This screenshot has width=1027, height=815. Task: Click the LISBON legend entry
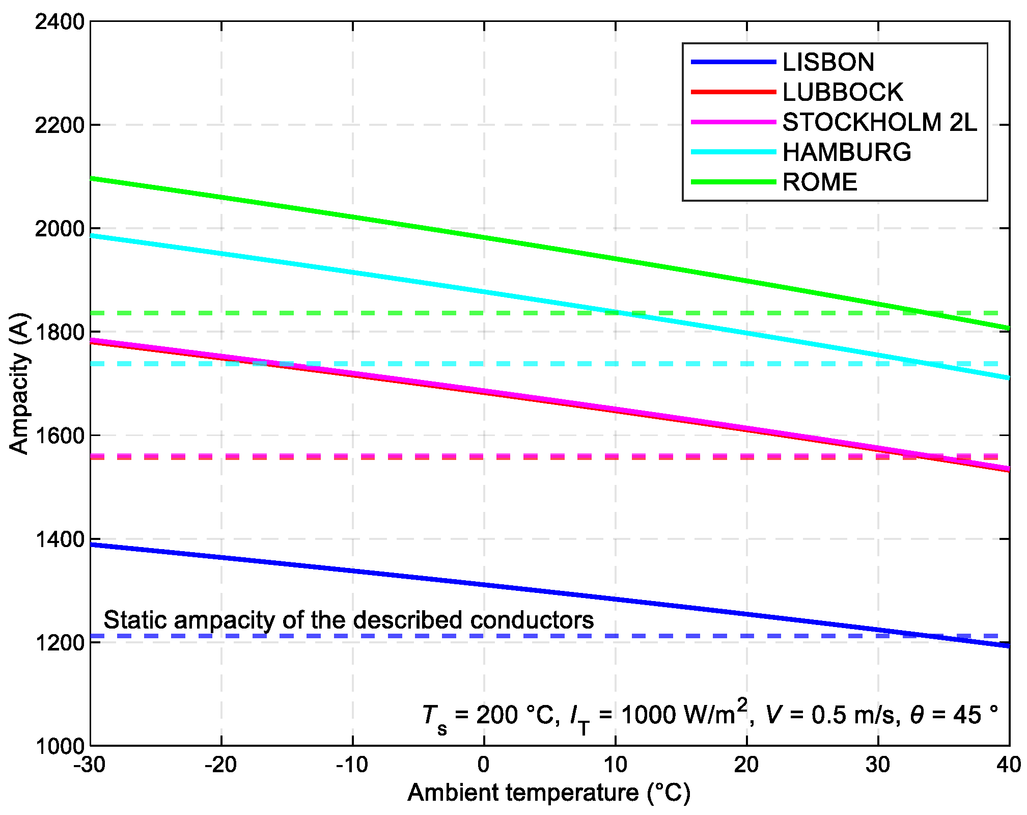(828, 62)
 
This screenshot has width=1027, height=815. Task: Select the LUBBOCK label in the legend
(842, 92)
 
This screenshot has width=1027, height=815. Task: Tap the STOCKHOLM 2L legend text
(879, 122)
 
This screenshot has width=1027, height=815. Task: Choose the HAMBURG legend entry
(846, 152)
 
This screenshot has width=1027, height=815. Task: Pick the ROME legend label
(820, 182)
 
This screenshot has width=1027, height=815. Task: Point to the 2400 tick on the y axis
(59, 22)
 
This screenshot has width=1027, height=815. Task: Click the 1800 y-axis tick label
(59, 332)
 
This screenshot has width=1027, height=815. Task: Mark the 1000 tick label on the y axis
(59, 746)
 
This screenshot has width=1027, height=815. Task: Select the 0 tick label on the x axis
(484, 765)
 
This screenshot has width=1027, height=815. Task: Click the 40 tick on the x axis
(1008, 765)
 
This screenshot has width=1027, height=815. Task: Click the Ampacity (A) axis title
(19, 383)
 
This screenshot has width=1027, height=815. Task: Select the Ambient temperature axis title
(549, 793)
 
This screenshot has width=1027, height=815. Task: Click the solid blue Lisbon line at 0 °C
(484, 585)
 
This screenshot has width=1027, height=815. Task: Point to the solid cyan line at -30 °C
(92, 235)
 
